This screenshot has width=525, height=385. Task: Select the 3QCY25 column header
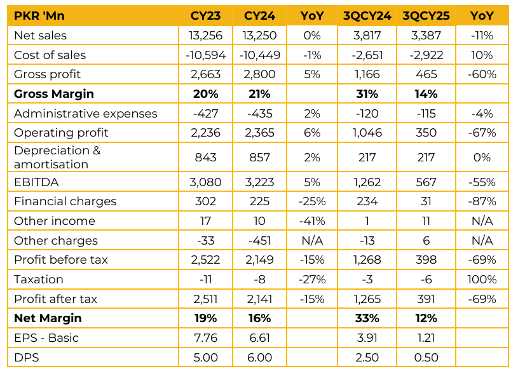click(x=426, y=16)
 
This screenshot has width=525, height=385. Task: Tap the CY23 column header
click(x=205, y=16)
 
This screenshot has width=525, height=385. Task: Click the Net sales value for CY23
click(x=205, y=36)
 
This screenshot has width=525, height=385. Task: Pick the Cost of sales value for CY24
click(x=259, y=55)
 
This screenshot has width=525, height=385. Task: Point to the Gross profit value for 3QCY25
click(x=426, y=74)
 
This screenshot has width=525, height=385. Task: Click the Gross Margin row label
click(x=54, y=94)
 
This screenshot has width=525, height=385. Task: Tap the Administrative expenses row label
click(x=85, y=114)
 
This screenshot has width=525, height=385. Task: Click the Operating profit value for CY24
click(x=259, y=133)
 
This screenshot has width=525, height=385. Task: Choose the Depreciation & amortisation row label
click(x=57, y=158)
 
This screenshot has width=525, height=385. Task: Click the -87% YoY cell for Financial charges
click(x=482, y=201)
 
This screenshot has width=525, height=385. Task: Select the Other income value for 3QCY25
click(x=426, y=221)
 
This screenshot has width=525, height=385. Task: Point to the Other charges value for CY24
click(x=259, y=241)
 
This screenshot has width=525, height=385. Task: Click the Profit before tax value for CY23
click(x=205, y=260)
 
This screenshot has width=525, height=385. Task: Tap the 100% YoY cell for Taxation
click(x=482, y=280)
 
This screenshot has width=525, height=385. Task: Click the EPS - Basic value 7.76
click(x=205, y=338)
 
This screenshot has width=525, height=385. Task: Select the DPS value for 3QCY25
click(x=426, y=358)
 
